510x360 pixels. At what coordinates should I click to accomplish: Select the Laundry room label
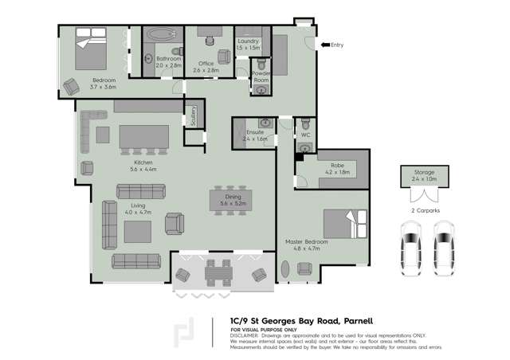tap(247, 44)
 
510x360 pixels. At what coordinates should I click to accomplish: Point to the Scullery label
tap(192, 116)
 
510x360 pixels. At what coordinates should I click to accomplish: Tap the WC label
tap(304, 135)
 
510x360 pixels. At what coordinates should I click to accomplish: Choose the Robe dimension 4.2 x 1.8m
tap(338, 171)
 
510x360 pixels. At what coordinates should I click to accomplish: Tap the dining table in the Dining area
tap(233, 199)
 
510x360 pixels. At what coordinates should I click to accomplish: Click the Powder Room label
tap(261, 76)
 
